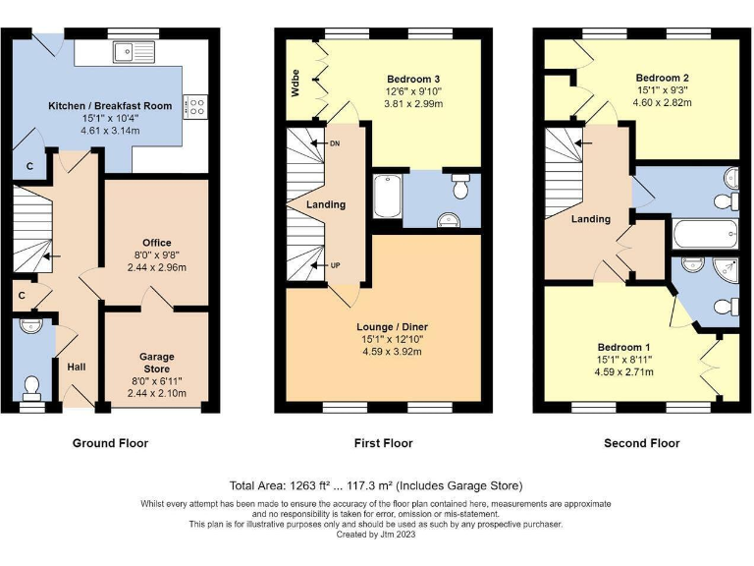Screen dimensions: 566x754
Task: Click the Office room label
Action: [x=156, y=243]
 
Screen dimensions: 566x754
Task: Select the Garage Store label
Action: [x=156, y=363]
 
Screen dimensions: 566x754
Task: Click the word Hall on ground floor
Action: [x=77, y=367]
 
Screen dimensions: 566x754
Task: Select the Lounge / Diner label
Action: [x=393, y=326]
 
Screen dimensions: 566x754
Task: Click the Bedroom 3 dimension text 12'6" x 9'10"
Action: [x=413, y=91]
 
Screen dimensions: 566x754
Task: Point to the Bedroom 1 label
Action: [x=623, y=347]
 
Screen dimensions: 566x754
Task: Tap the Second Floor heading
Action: [x=641, y=443]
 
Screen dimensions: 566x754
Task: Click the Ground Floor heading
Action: [x=110, y=443]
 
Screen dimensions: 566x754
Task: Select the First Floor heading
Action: [x=383, y=443]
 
